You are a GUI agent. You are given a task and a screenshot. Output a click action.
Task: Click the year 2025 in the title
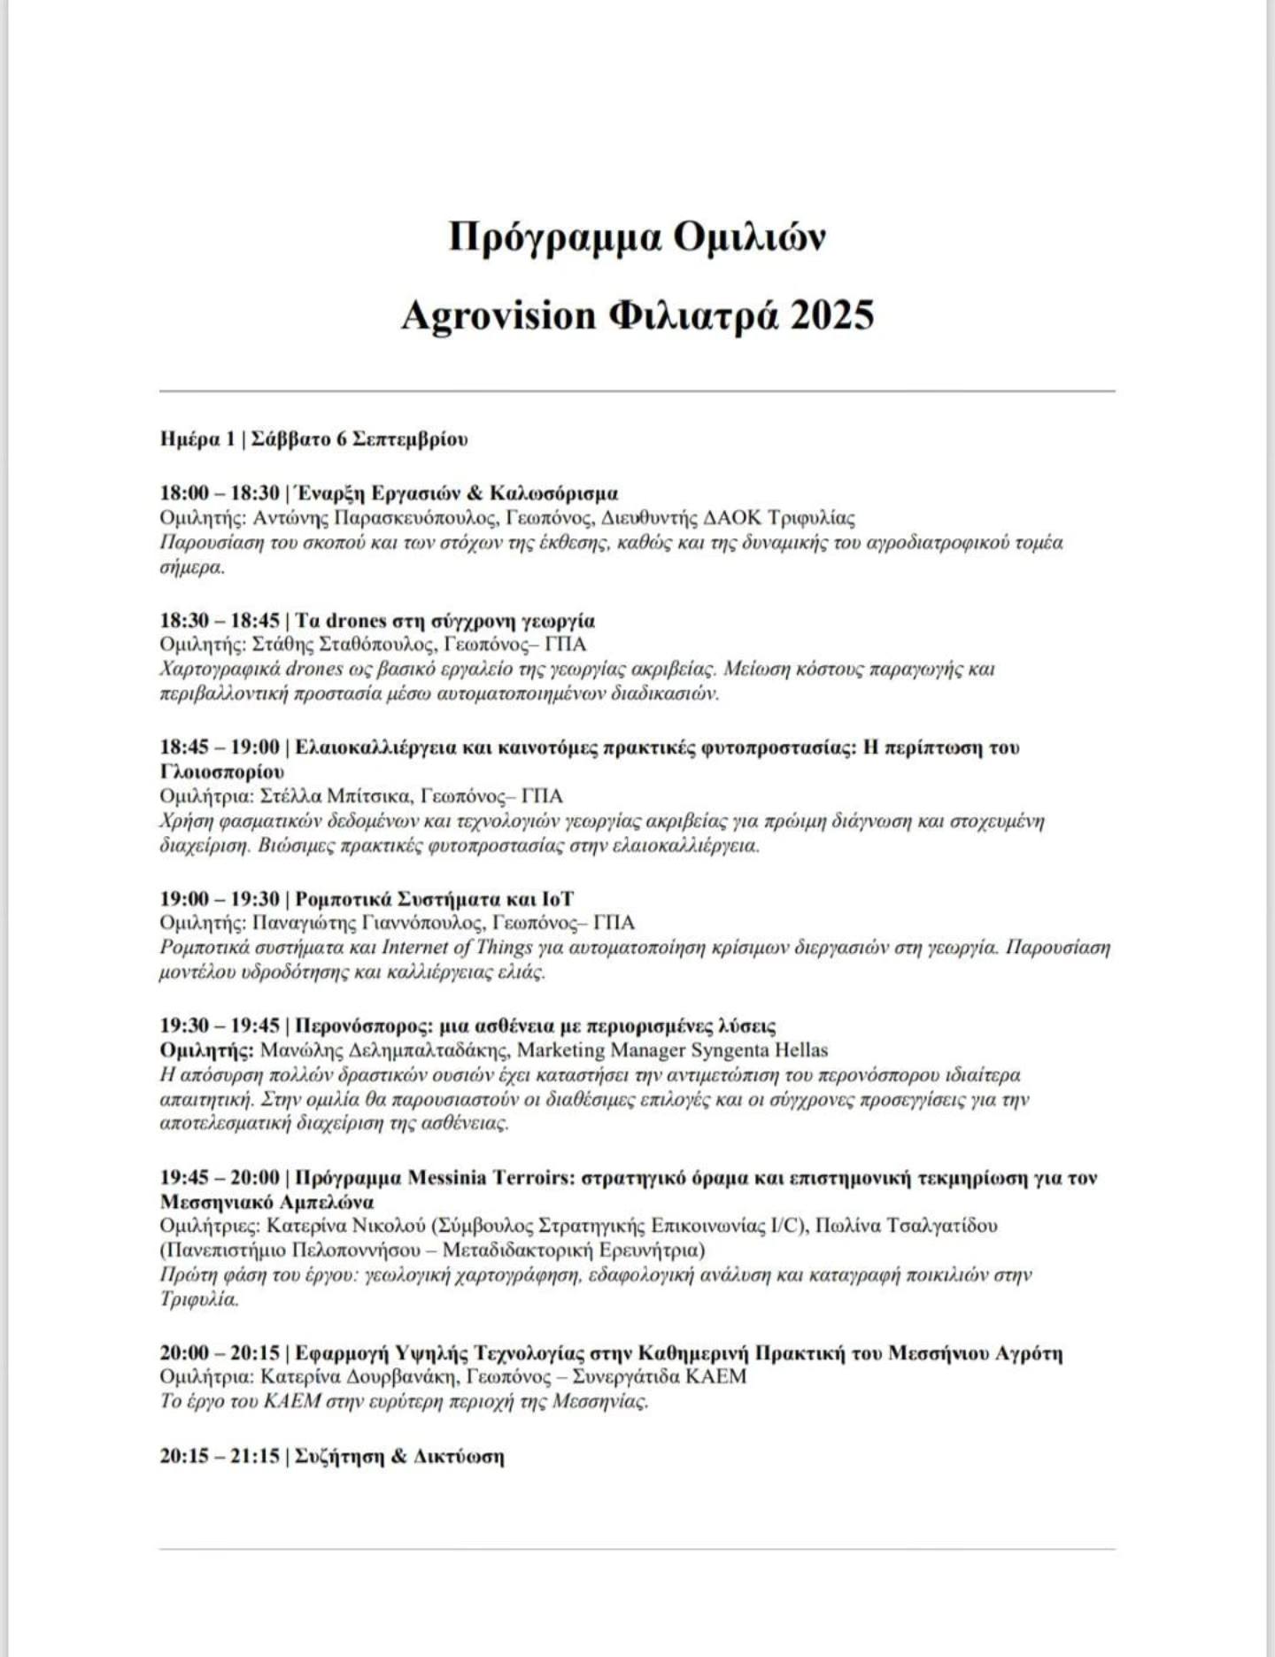tap(831, 315)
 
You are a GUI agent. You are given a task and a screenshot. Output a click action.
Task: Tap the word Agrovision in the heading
tap(498, 315)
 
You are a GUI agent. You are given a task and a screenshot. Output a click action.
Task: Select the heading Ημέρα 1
tap(197, 439)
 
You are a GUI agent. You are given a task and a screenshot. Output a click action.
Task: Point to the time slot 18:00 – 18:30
tap(220, 493)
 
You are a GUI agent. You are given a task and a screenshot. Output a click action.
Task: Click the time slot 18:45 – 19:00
tap(220, 747)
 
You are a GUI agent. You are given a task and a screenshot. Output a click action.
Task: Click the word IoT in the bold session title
tap(558, 899)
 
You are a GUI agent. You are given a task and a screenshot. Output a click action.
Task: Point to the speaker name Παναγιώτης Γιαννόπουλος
tap(367, 923)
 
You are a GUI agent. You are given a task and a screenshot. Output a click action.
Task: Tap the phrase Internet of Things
tap(457, 947)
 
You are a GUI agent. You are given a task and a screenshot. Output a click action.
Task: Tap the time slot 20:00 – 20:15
tap(220, 1352)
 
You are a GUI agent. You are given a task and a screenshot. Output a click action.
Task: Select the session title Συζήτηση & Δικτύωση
tap(398, 1456)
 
